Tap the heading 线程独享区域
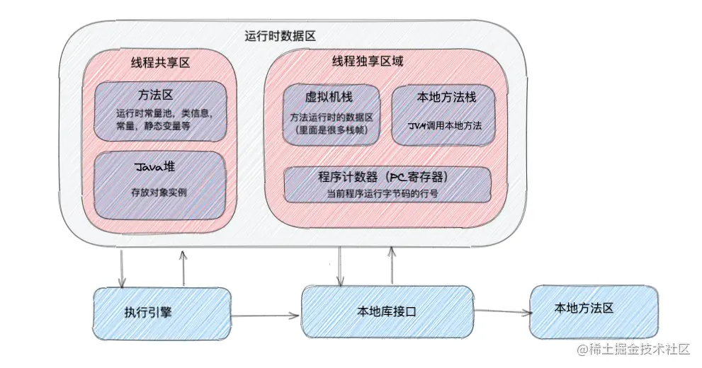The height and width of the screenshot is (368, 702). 368,62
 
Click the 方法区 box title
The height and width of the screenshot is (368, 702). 161,95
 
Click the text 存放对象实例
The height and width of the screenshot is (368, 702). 159,192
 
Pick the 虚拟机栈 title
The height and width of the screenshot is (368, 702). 331,98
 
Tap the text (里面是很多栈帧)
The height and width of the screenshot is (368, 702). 331,130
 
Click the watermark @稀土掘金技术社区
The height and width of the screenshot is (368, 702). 634,349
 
